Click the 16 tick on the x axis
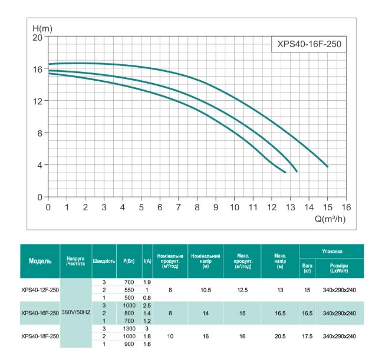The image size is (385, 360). (x=345, y=207)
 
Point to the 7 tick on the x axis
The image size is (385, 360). (x=179, y=207)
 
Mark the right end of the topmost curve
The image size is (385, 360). (x=327, y=167)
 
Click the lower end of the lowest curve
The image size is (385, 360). (x=285, y=173)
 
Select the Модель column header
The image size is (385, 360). (x=41, y=260)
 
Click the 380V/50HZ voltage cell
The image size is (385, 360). (x=76, y=313)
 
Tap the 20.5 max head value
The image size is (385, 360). (x=280, y=336)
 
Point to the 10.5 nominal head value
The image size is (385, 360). (x=206, y=290)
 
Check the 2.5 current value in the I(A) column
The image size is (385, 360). (x=147, y=305)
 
